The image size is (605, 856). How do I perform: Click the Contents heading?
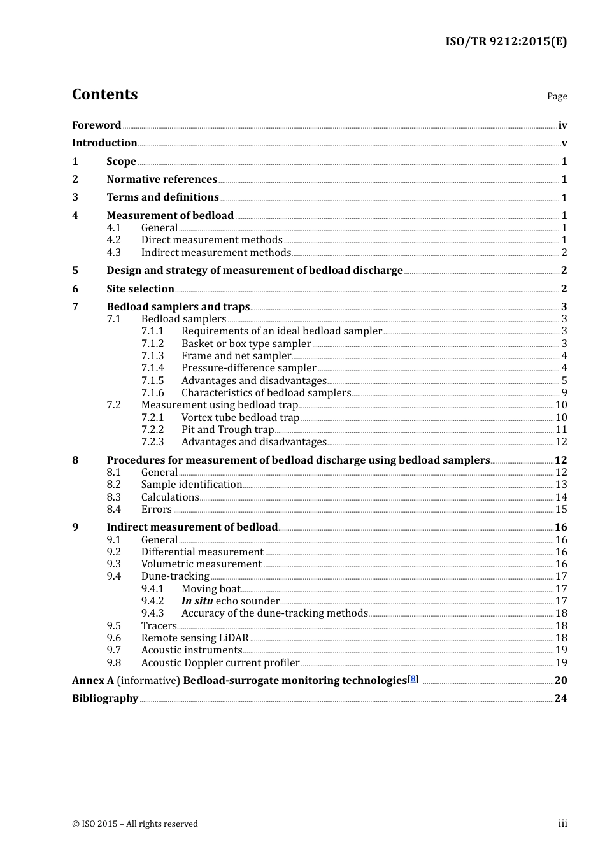click(104, 94)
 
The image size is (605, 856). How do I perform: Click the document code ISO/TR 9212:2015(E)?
click(506, 41)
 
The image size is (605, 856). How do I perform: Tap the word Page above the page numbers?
click(557, 96)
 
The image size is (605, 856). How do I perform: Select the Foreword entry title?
click(96, 125)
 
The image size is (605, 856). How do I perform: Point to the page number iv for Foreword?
click(562, 125)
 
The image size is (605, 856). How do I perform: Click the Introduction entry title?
click(104, 143)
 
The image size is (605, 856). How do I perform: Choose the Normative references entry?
click(162, 179)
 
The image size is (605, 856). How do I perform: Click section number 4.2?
click(113, 239)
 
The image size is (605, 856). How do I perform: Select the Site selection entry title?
click(140, 289)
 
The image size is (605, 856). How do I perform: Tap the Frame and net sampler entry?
click(236, 355)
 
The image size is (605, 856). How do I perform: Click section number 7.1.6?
click(152, 392)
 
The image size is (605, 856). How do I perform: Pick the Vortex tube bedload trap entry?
click(240, 417)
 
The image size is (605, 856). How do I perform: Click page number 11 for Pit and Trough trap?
click(561, 429)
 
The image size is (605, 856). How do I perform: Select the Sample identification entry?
click(192, 484)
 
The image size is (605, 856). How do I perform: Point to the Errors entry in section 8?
click(157, 509)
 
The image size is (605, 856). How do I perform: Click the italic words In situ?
click(197, 601)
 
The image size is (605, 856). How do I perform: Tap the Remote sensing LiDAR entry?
click(195, 638)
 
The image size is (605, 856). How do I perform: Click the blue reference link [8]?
click(413, 679)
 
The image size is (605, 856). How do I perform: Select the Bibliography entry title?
click(105, 698)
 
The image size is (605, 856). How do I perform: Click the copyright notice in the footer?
click(135, 824)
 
